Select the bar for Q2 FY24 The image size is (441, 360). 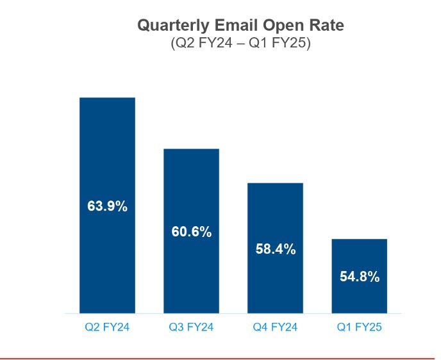click(x=107, y=147)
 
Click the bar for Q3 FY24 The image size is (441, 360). click(x=191, y=186)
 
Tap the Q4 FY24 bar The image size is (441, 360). click(x=275, y=211)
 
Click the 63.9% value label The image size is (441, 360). click(x=107, y=206)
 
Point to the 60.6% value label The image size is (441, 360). click(x=191, y=232)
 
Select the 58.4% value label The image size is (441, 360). click(x=275, y=249)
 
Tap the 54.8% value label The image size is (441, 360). click(x=359, y=277)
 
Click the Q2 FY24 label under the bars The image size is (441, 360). click(x=107, y=327)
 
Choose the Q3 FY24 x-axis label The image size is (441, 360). click(x=191, y=327)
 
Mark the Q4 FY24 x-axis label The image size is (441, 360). click(x=275, y=327)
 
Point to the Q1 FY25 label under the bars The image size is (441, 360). click(x=359, y=327)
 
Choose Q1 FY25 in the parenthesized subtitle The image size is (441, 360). click(x=281, y=44)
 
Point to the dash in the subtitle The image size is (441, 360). click(x=239, y=44)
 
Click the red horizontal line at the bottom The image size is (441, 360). click(x=220, y=358)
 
